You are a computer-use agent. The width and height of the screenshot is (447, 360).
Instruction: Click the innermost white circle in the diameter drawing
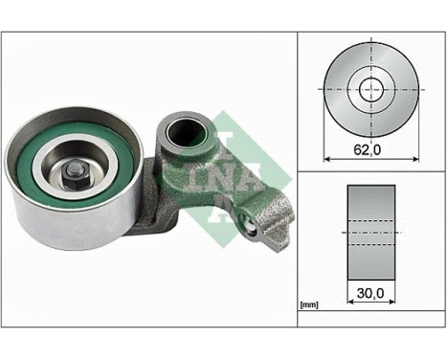coord(368,87)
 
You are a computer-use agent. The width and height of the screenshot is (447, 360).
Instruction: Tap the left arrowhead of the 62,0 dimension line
coord(329,156)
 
